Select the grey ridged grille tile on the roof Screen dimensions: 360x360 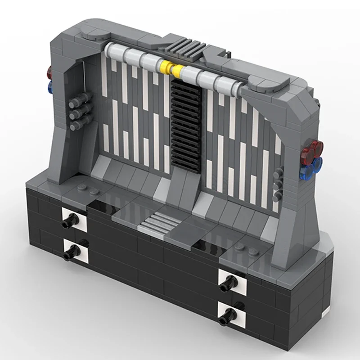tap(183, 47)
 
